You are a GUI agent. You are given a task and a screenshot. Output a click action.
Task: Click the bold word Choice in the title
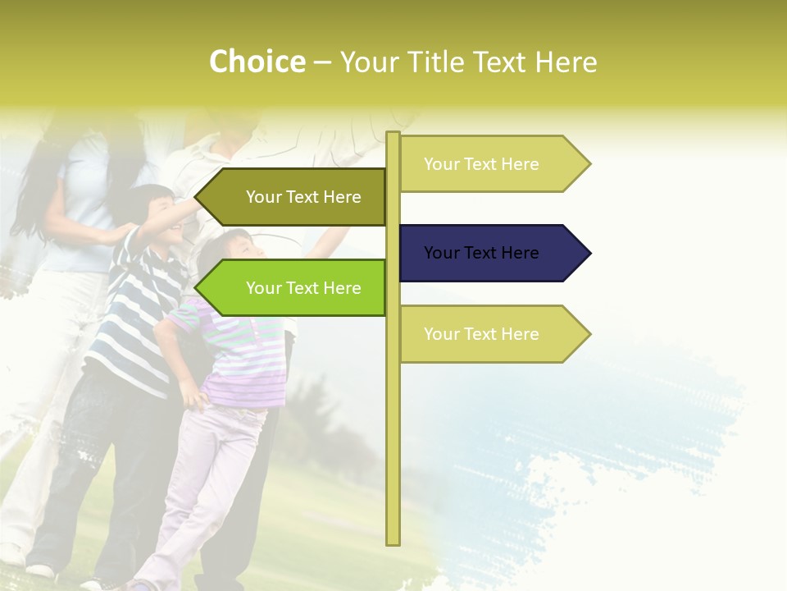(x=257, y=62)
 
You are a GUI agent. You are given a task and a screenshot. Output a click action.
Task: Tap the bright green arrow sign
(x=295, y=288)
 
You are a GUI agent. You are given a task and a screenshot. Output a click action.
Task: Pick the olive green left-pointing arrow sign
(x=295, y=197)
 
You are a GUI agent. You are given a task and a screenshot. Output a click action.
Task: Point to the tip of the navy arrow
(x=589, y=253)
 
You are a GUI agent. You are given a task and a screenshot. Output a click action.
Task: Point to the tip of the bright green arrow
(x=197, y=288)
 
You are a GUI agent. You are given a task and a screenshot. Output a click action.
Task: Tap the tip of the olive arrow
(x=197, y=197)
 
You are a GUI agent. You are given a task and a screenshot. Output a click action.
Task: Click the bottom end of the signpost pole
(x=393, y=542)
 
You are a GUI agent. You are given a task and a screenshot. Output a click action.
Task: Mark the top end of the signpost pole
(x=393, y=134)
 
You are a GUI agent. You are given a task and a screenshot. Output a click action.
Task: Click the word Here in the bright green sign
(x=342, y=288)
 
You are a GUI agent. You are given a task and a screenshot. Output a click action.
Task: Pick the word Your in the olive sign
(x=263, y=197)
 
